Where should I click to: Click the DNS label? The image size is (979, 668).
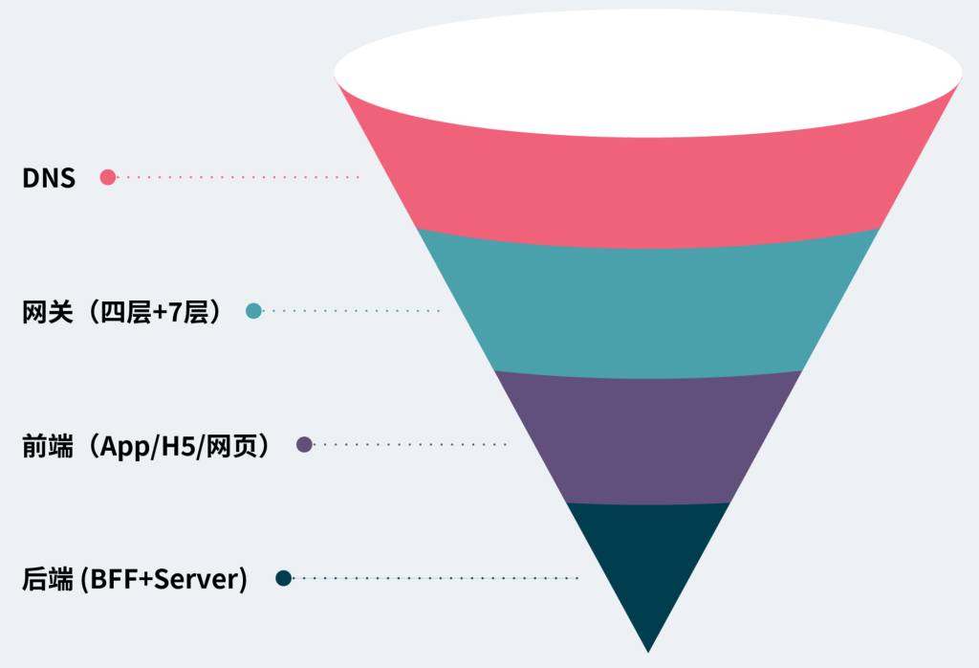[49, 177]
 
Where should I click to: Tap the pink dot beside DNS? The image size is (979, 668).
[108, 177]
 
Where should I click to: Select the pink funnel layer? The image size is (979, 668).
[648, 182]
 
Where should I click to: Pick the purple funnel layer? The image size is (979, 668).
[648, 440]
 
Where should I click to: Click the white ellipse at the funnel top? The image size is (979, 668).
[648, 72]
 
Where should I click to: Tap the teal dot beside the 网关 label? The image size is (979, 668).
[253, 310]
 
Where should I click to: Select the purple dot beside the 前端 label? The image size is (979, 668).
[305, 444]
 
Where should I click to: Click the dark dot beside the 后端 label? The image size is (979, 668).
[283, 578]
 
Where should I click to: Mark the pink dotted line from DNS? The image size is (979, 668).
[239, 177]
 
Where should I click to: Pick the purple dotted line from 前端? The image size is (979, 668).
[411, 444]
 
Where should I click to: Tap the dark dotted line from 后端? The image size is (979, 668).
[436, 578]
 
